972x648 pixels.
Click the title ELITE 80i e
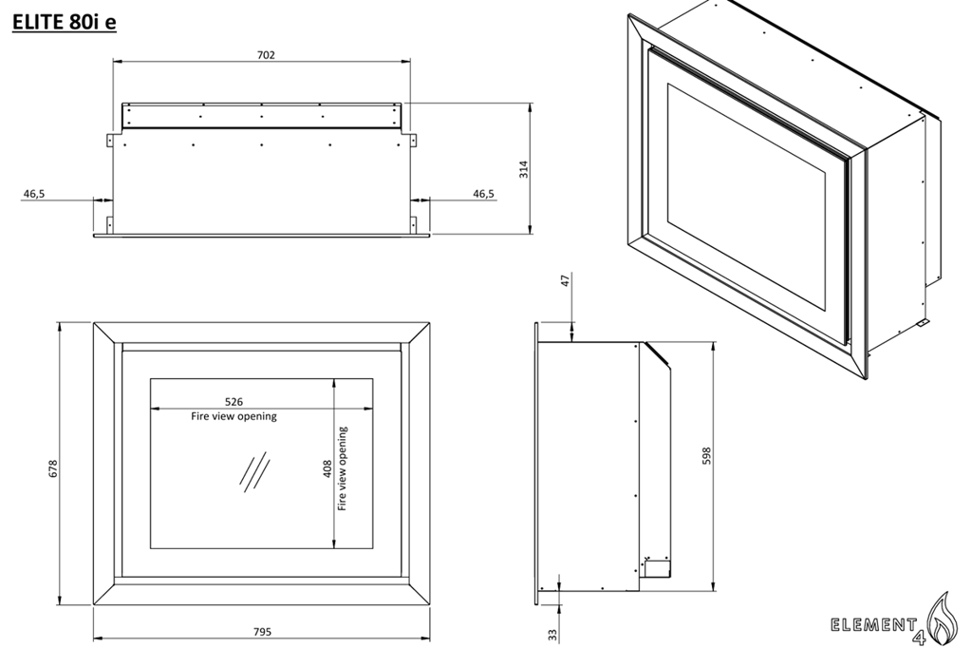tap(65, 22)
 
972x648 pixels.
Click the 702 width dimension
tap(266, 55)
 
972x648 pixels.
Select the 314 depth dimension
tap(523, 169)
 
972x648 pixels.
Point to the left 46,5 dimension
tap(34, 194)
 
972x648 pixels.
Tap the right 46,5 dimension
tap(483, 194)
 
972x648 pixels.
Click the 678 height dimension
tap(53, 468)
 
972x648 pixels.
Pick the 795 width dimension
tap(262, 632)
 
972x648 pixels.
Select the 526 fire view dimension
tap(234, 402)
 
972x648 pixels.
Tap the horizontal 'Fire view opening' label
tap(234, 417)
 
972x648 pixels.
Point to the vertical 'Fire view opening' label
tap(343, 468)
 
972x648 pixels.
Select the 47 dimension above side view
tap(566, 281)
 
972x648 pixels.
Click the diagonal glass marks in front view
tap(252, 472)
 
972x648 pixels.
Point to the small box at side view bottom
tap(657, 567)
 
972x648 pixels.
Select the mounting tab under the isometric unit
tap(920, 325)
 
